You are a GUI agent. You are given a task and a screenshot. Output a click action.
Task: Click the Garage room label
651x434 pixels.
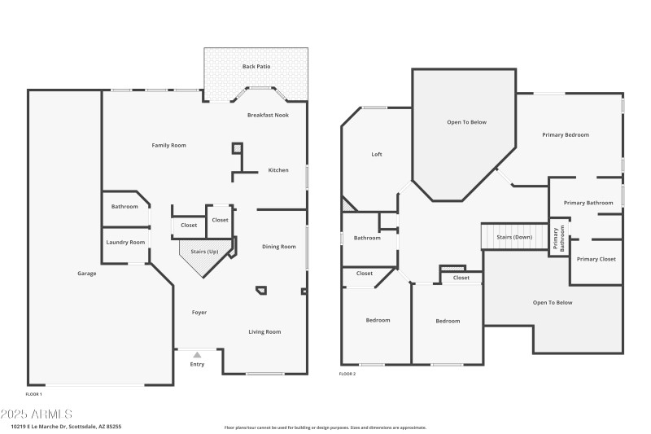(x=87, y=274)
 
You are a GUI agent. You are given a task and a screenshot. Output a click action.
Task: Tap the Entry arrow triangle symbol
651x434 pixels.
(x=197, y=355)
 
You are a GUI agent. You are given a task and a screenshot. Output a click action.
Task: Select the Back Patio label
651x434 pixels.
(x=256, y=66)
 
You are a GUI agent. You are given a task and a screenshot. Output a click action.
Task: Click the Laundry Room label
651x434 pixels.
(x=125, y=242)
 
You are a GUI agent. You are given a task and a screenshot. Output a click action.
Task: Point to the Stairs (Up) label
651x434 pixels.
(x=204, y=252)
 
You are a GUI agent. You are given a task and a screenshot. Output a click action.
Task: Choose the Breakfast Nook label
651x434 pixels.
(x=268, y=116)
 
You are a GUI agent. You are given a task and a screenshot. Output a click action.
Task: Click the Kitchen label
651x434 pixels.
(x=278, y=170)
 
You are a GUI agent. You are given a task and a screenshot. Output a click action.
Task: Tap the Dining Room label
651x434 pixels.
(x=278, y=246)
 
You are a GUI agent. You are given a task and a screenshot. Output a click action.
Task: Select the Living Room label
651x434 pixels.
(x=264, y=331)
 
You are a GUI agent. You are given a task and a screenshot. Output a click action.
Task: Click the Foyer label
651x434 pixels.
(x=199, y=313)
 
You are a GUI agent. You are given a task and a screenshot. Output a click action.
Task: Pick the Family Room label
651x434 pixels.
(x=169, y=145)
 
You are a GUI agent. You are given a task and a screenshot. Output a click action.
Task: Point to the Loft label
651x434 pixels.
(x=377, y=154)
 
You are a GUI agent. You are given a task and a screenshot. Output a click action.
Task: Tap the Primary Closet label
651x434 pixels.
(x=596, y=259)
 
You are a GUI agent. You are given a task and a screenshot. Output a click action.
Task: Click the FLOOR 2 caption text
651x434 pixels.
(x=347, y=374)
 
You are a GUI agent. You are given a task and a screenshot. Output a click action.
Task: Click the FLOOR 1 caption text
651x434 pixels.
(x=33, y=394)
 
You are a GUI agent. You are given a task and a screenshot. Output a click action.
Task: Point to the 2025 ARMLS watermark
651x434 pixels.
(x=37, y=414)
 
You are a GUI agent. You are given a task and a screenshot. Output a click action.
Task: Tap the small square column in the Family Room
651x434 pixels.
(x=238, y=148)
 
